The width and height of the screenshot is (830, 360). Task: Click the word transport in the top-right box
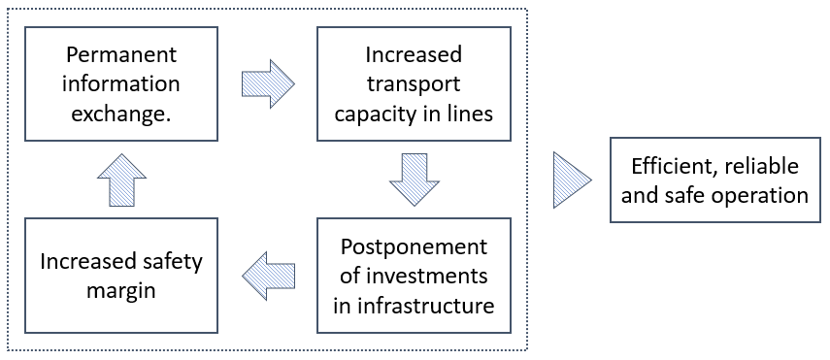coord(415,83)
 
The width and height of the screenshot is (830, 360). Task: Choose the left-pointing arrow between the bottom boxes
coord(268,275)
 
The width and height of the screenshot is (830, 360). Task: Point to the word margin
coord(121,290)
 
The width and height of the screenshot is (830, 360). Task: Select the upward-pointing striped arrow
coord(121,180)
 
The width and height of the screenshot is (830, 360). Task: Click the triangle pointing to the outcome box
coord(572,180)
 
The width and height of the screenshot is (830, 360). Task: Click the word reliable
coord(761,165)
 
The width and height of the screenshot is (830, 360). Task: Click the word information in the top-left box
coord(121,83)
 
